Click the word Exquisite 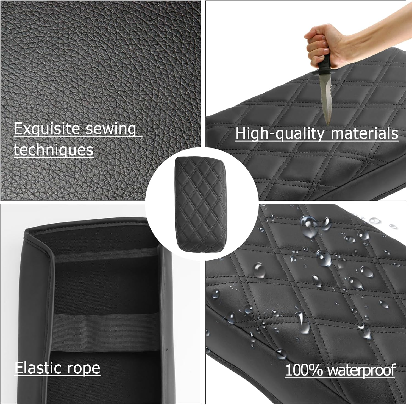(47, 129)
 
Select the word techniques (54, 150)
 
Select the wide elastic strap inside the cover (105, 332)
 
